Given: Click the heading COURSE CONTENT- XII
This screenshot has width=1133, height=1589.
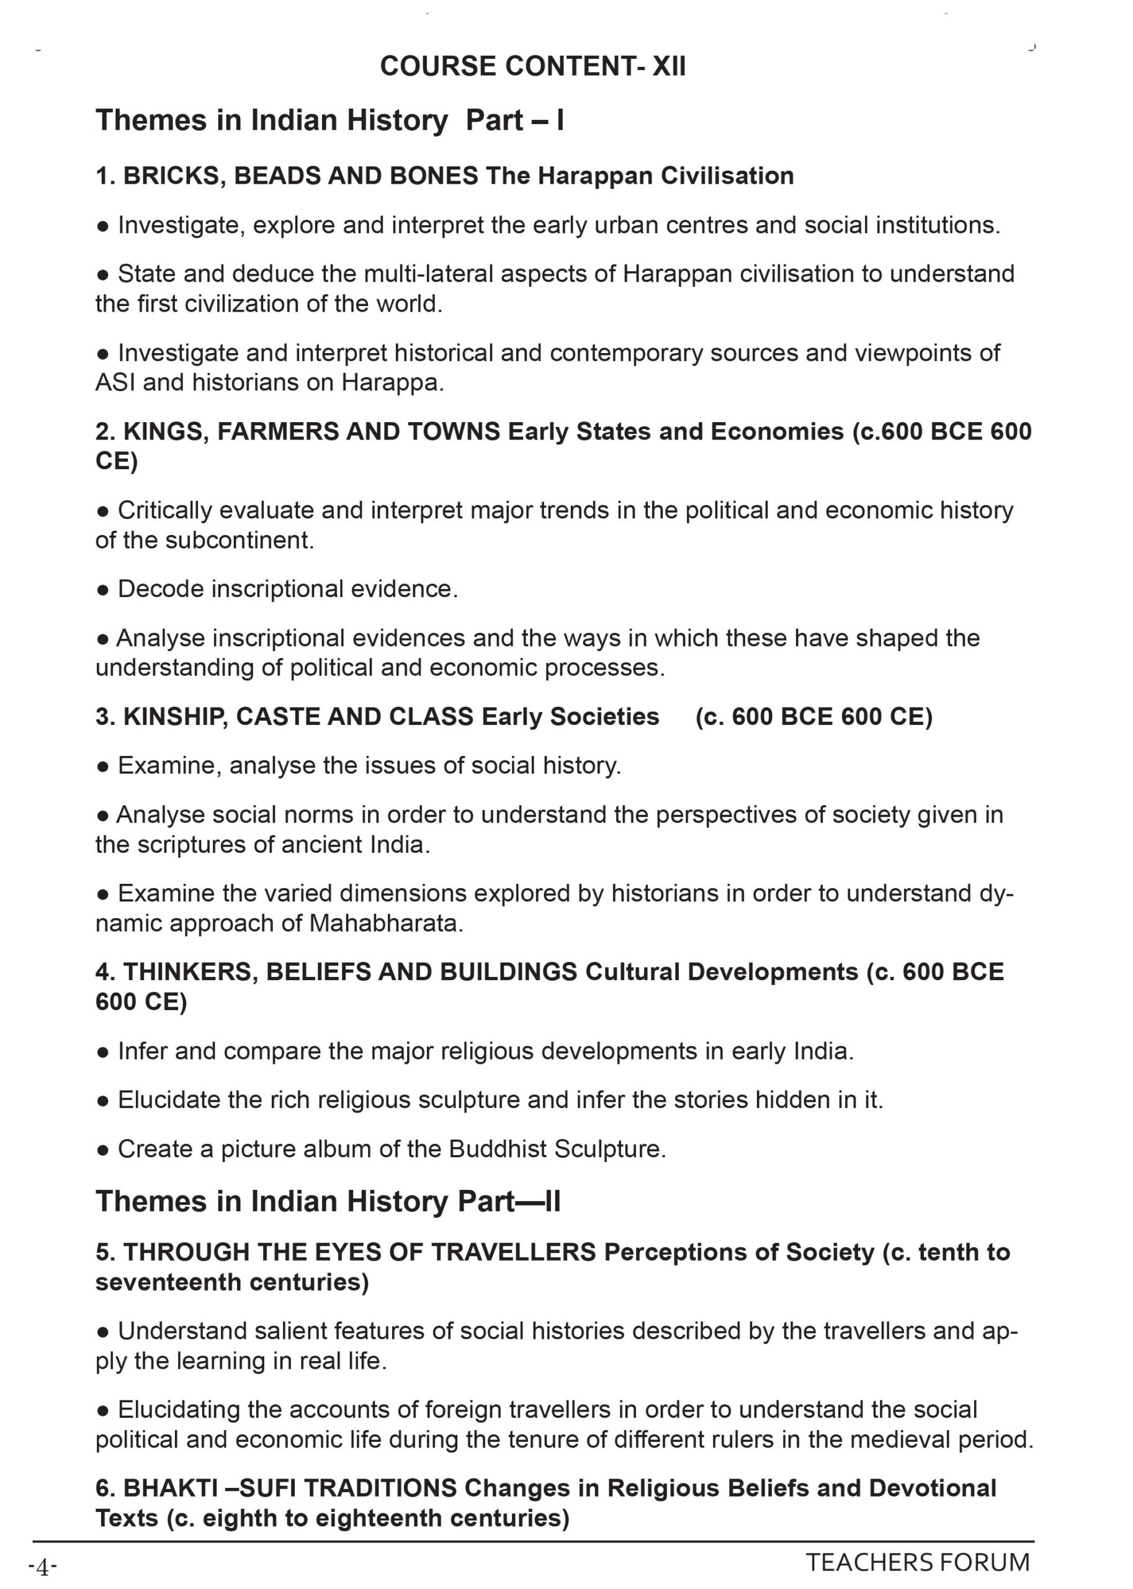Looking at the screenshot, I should [x=532, y=66].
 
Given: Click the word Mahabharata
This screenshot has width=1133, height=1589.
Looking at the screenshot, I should [x=386, y=923].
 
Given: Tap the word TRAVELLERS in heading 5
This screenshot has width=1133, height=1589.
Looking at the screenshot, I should [x=513, y=1252].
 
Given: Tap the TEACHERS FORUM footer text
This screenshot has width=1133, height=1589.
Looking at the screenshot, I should [x=918, y=1562].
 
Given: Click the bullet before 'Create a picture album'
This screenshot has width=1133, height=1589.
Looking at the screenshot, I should [x=103, y=1150].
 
